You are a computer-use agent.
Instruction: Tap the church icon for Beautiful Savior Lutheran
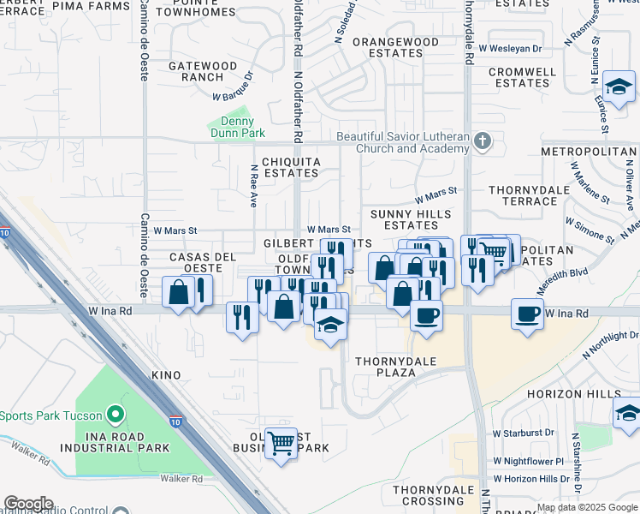483,140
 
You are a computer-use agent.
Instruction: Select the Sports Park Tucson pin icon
116,416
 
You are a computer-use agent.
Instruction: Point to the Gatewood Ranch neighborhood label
203,71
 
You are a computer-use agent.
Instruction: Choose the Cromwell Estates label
523,77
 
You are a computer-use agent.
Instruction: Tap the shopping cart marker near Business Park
281,443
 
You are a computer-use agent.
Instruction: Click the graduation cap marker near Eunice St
619,86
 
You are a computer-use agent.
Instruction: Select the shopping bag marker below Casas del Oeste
178,293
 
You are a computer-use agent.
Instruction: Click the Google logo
28,504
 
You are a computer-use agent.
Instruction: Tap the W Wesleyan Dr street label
511,49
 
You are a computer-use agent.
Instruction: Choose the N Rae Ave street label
254,187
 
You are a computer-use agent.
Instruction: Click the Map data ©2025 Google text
587,507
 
